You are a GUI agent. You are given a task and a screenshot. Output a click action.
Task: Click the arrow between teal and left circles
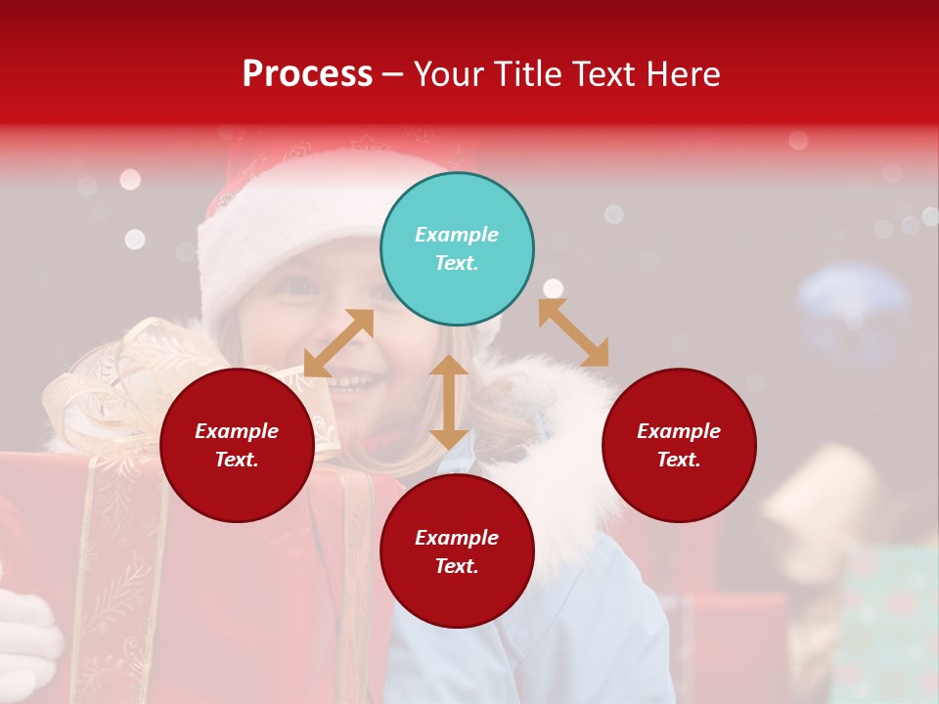(338, 343)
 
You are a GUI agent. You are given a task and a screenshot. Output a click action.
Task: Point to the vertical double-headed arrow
(449, 402)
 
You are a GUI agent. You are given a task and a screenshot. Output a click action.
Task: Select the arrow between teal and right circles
(573, 332)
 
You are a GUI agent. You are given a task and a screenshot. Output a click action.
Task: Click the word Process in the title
(307, 74)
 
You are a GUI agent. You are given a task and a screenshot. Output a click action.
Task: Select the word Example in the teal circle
(457, 235)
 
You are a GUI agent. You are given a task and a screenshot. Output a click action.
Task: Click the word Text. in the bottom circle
(457, 566)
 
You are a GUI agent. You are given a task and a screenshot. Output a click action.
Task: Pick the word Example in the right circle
(679, 431)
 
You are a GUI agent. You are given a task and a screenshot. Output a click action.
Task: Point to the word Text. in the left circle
(237, 460)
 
